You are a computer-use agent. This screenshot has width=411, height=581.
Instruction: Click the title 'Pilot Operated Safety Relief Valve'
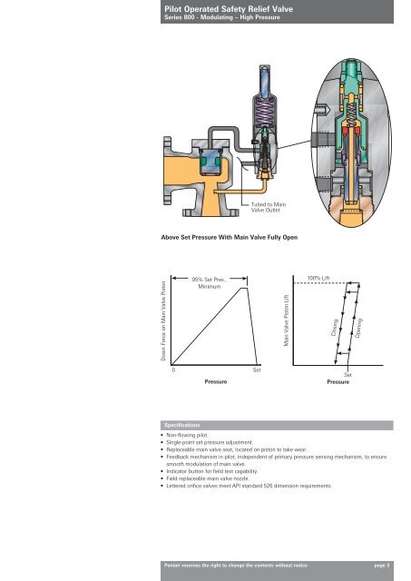[x=229, y=9]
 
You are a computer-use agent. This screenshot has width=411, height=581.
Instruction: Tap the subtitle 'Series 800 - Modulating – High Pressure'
[x=222, y=17]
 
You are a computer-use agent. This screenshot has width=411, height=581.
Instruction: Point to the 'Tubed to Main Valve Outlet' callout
[x=269, y=207]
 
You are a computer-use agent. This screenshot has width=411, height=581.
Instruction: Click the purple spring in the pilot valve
[x=265, y=112]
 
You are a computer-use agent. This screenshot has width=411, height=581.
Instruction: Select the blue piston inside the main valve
[x=210, y=162]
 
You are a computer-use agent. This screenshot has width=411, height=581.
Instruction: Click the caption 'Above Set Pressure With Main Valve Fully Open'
[x=230, y=237]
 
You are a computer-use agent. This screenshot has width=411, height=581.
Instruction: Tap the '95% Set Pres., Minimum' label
[x=210, y=283]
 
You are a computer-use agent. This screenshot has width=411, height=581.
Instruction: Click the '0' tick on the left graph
[x=173, y=370]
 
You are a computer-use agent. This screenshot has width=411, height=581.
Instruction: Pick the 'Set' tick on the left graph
[x=257, y=370]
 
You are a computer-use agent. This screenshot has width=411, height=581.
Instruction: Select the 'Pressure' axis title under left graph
[x=216, y=381]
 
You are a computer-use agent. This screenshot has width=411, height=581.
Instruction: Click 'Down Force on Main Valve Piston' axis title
[x=163, y=320]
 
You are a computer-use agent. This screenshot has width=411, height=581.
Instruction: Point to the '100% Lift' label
[x=318, y=279]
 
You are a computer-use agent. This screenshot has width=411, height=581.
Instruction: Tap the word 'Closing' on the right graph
[x=335, y=328]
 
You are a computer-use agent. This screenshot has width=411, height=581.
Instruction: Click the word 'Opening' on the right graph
[x=358, y=328]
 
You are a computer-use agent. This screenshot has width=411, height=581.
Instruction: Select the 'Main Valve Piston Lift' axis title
[x=286, y=320]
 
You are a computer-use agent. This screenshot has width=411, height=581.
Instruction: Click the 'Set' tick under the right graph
[x=347, y=375]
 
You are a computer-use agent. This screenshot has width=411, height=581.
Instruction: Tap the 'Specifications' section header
[x=182, y=425]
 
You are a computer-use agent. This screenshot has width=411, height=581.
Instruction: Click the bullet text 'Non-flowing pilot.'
[x=188, y=435]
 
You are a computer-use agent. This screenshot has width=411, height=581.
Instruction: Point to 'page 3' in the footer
[x=382, y=566]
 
